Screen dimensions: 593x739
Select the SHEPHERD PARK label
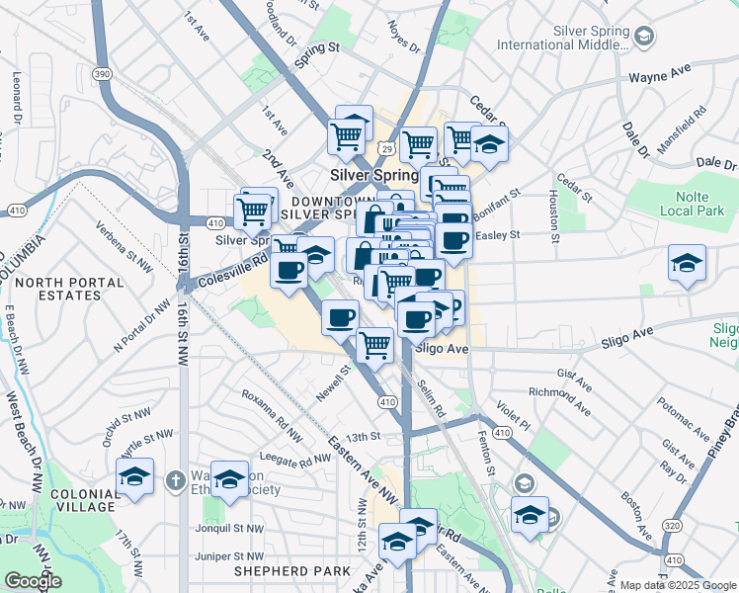tap(291, 571)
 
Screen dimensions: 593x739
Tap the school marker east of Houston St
tap(687, 264)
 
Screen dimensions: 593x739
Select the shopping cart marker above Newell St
tap(374, 345)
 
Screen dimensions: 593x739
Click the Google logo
tap(34, 580)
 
